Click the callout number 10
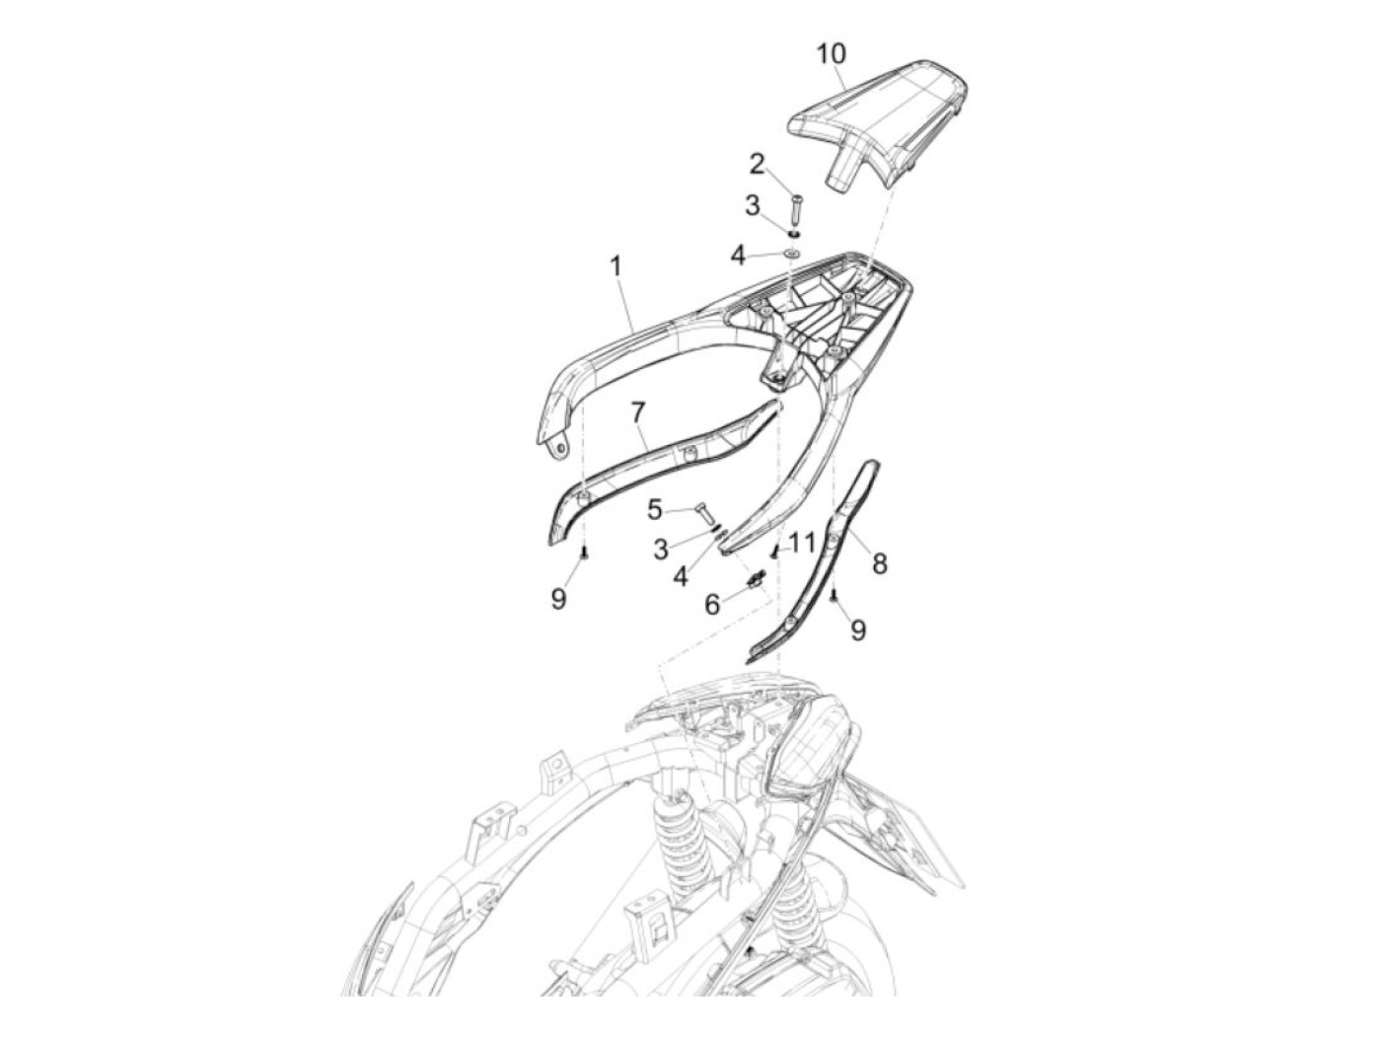(832, 52)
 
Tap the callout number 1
(616, 266)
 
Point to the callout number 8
(879, 563)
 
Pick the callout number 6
(712, 604)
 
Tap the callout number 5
(655, 510)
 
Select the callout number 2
(757, 163)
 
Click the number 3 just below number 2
(752, 206)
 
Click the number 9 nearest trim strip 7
(558, 598)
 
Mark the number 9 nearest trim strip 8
(858, 630)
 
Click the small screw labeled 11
(774, 553)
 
